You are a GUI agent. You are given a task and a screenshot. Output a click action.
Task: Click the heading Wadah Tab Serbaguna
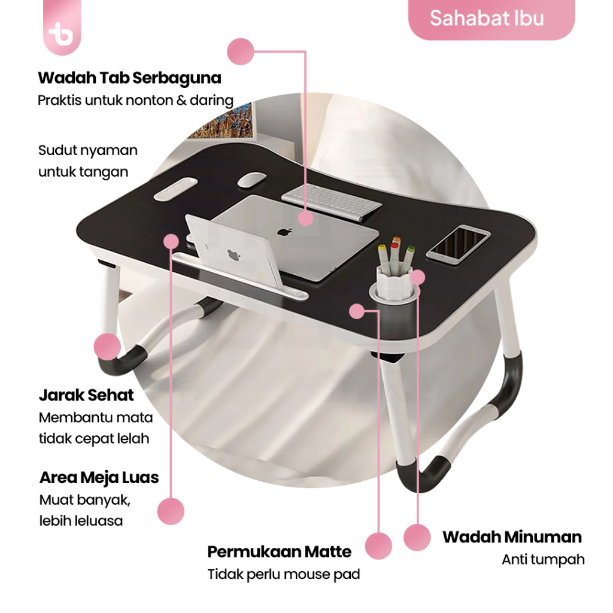(129, 78)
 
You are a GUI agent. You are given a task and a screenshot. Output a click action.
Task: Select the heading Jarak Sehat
(86, 396)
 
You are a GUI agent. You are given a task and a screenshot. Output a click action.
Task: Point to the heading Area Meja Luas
(99, 478)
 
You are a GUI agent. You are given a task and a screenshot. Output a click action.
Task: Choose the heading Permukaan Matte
(279, 551)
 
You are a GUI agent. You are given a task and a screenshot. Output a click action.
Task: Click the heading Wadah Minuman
(512, 537)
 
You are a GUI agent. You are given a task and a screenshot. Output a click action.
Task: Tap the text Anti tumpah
(543, 560)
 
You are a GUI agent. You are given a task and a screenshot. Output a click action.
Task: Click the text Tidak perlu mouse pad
(284, 575)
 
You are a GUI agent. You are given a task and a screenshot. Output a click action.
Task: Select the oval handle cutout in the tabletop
(176, 189)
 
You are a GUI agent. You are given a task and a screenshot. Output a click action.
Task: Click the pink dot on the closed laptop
(306, 218)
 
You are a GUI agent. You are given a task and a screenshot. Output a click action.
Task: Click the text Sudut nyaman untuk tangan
(87, 161)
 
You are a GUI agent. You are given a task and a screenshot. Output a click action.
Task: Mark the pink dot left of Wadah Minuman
(417, 537)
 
